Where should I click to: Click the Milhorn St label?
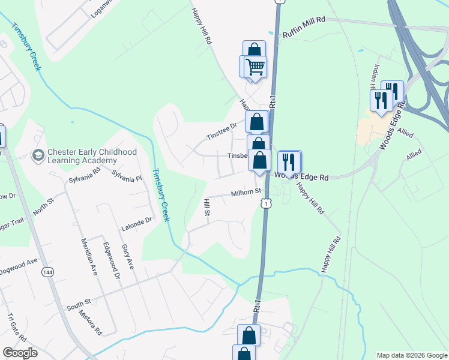(x=246, y=193)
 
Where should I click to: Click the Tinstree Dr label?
(x=223, y=129)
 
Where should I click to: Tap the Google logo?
(x=19, y=353)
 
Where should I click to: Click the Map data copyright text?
(x=411, y=355)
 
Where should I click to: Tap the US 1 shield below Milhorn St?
(x=265, y=205)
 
